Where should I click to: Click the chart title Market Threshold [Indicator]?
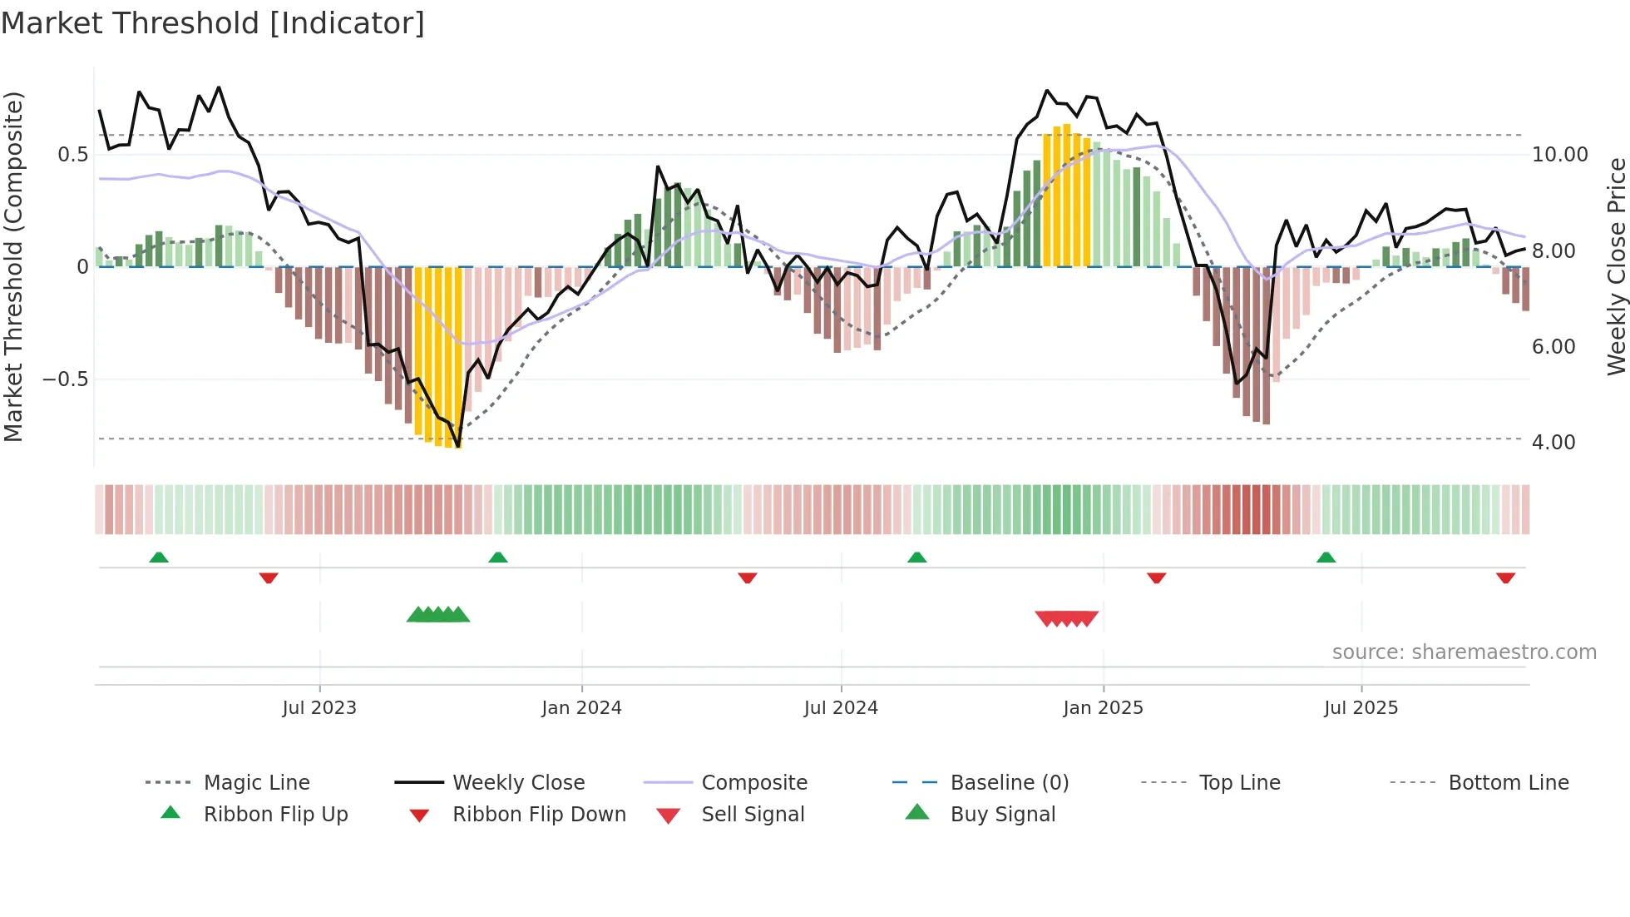(213, 23)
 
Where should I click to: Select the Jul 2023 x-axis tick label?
(319, 708)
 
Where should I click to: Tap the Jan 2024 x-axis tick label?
(581, 708)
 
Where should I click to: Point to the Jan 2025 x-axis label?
(1103, 708)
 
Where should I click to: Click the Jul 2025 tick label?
(1361, 708)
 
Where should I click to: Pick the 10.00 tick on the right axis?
(1559, 155)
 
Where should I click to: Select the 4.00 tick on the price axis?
(1553, 443)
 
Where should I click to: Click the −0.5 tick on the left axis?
(65, 379)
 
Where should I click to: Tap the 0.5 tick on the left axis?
(72, 155)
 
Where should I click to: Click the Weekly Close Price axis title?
(1616, 266)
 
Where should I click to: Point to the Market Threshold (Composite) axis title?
(13, 266)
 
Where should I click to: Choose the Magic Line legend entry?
(256, 783)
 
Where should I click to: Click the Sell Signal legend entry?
(753, 815)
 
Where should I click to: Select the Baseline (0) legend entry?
(1009, 783)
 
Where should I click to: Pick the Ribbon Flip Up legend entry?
(275, 815)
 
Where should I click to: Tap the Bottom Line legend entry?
(1508, 783)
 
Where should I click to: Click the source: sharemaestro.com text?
(1464, 652)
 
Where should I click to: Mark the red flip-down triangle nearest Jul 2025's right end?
(1505, 577)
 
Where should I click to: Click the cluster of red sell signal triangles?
(1066, 618)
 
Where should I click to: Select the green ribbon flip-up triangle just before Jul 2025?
(1326, 558)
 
